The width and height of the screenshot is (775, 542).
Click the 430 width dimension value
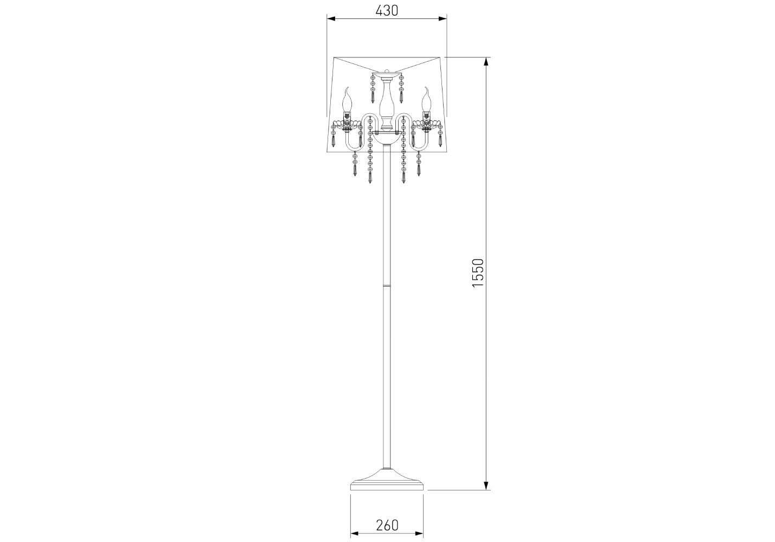[x=387, y=11]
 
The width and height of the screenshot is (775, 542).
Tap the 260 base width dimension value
[x=387, y=525]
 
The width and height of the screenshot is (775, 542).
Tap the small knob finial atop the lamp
[x=387, y=71]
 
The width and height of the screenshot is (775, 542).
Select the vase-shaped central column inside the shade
[x=387, y=103]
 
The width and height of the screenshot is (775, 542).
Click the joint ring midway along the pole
[x=387, y=286]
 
